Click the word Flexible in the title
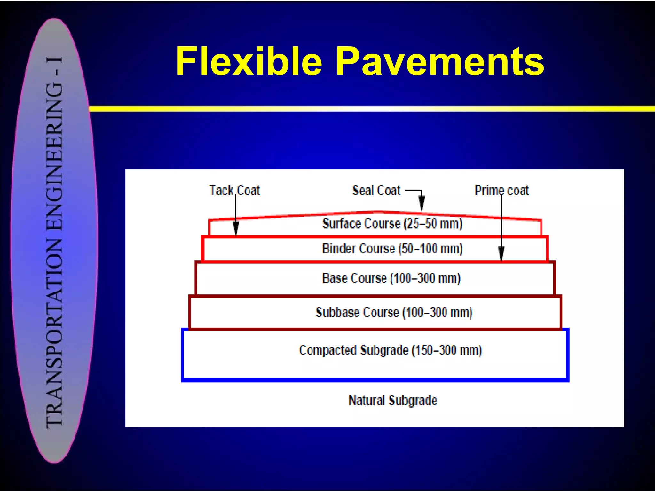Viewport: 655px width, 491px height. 249,61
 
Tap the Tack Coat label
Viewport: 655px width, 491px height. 234,190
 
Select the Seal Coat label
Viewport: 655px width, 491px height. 376,190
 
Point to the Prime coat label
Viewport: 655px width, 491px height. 501,190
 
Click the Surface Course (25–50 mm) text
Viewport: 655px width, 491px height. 392,223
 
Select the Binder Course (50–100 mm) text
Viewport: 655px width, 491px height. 392,249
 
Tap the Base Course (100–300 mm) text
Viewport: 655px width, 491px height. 391,278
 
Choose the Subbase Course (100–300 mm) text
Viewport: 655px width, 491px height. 394,312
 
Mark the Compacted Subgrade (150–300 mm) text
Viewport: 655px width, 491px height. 390,350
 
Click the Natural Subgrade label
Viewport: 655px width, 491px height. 392,400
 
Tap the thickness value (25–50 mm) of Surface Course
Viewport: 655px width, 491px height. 433,223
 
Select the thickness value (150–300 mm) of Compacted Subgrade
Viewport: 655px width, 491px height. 446,350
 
